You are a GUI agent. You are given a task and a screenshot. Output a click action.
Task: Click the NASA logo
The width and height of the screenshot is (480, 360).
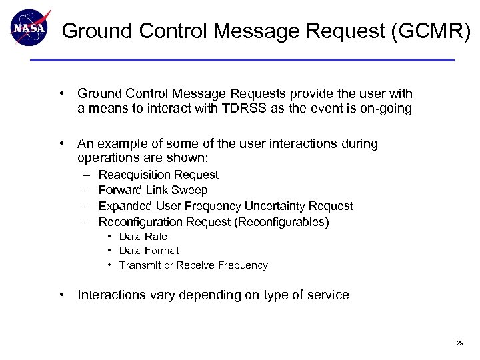(x=29, y=27)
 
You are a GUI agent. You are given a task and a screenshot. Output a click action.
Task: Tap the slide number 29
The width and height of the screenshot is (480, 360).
(x=459, y=343)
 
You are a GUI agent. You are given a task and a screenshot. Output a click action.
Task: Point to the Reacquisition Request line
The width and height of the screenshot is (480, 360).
(x=158, y=175)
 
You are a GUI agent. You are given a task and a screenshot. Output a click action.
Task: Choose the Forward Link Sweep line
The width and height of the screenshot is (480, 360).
(x=153, y=191)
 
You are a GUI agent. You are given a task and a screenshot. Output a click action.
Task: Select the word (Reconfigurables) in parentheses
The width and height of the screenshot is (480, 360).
(x=282, y=222)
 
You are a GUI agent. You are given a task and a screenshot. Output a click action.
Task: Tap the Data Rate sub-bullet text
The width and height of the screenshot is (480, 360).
(x=143, y=237)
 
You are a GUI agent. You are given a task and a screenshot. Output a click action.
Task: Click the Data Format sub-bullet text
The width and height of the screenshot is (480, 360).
(x=149, y=251)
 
